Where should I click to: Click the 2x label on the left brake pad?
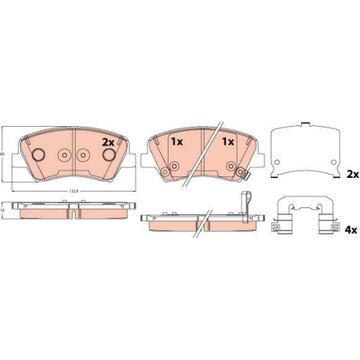(x=109, y=142)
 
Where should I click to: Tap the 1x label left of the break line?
(x=175, y=142)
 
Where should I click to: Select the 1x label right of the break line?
(x=228, y=142)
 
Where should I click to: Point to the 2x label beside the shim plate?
(x=352, y=175)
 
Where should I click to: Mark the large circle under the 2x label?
(x=109, y=156)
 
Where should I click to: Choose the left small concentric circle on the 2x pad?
(x=63, y=156)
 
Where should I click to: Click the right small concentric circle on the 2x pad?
(x=83, y=156)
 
